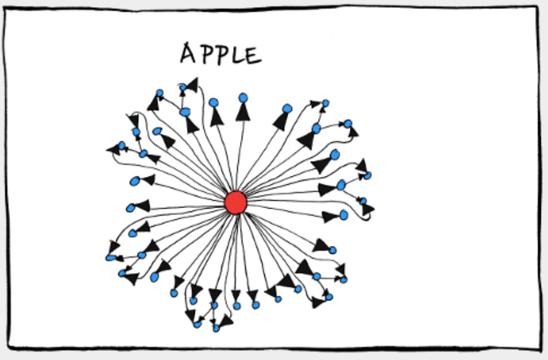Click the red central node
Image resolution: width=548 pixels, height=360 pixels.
pyautogui.click(x=236, y=203)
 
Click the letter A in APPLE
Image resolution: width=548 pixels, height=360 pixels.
pyautogui.click(x=189, y=54)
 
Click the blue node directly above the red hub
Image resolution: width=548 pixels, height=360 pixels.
pyautogui.click(x=243, y=98)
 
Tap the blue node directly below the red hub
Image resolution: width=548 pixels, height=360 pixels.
pyautogui.click(x=236, y=306)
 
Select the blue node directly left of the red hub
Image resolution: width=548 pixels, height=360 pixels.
pyautogui.click(x=130, y=208)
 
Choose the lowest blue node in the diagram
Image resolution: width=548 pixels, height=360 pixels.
pyautogui.click(x=216, y=328)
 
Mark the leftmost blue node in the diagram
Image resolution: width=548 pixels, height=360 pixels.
pyautogui.click(x=110, y=257)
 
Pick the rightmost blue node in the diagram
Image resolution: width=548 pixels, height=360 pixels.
pyautogui.click(x=368, y=175)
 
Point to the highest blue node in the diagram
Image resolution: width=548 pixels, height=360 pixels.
pyautogui.click(x=183, y=88)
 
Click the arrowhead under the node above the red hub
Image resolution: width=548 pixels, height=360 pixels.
pyautogui.click(x=242, y=111)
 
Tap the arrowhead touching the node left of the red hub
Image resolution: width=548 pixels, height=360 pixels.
pyautogui.click(x=142, y=206)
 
